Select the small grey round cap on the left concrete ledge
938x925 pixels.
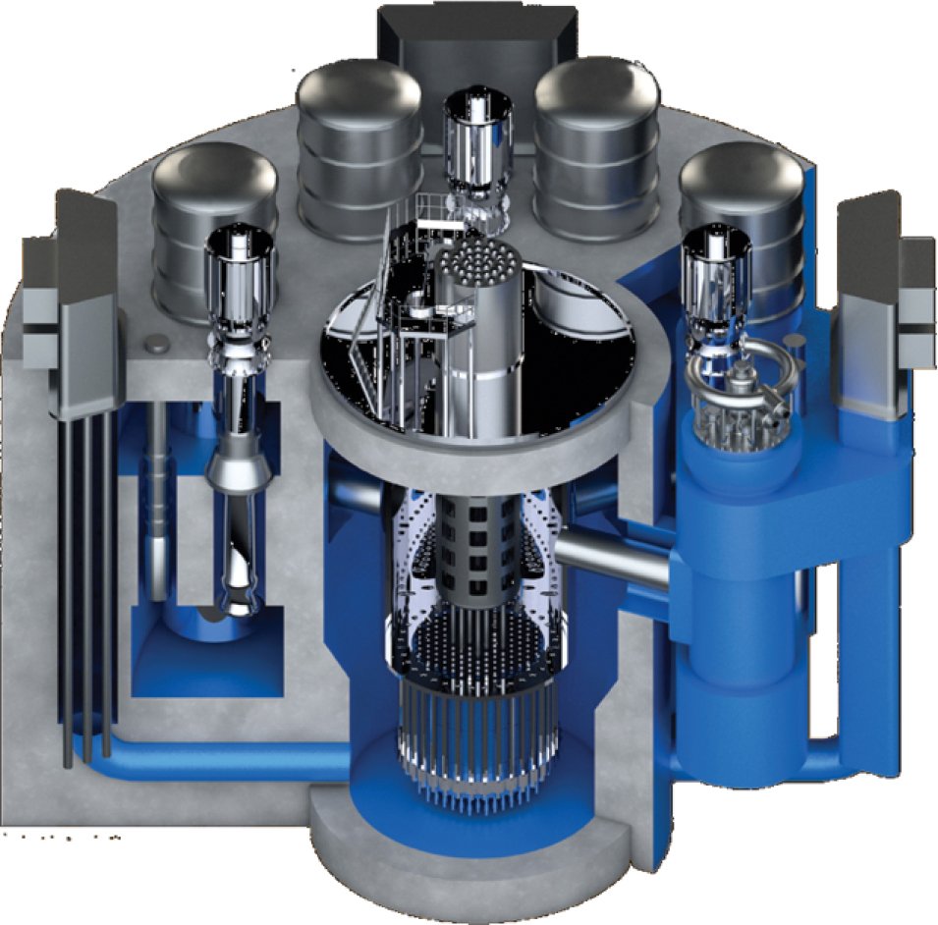pyautogui.click(x=154, y=345)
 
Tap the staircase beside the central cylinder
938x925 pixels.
pyautogui.click(x=378, y=314)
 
